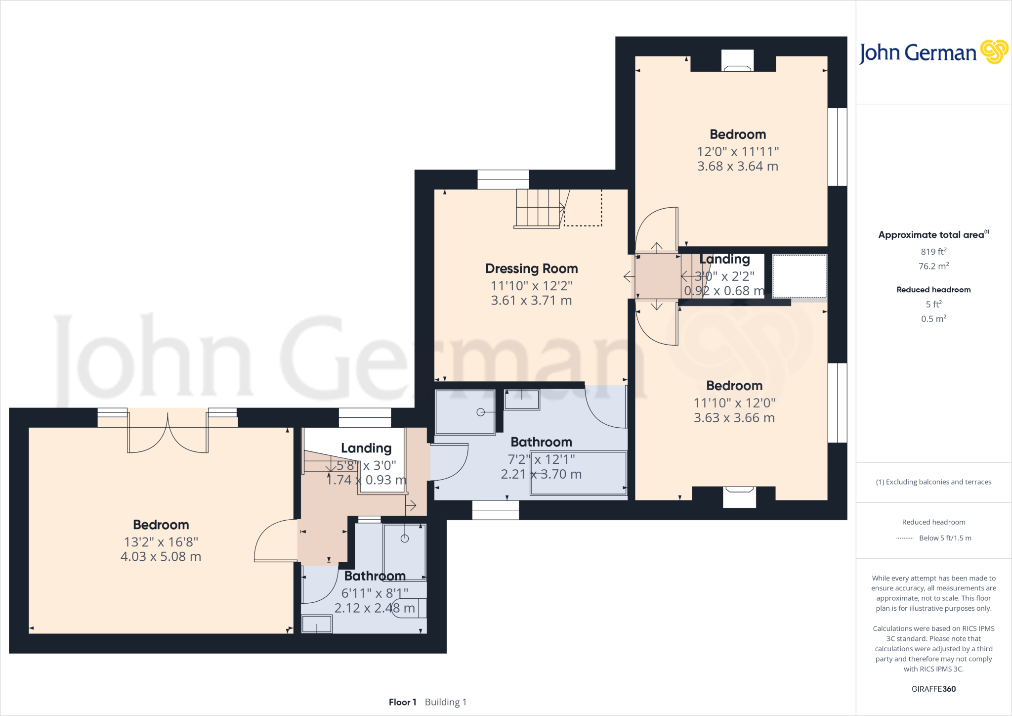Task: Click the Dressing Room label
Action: point(531,268)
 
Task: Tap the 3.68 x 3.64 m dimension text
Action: point(737,167)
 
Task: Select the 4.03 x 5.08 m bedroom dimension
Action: point(161,557)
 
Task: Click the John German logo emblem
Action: point(994,52)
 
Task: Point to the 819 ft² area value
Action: point(933,252)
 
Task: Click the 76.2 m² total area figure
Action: point(933,266)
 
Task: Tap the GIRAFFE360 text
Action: point(933,689)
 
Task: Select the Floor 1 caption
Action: point(402,702)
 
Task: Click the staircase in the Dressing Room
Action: point(539,208)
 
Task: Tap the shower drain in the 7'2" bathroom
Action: point(480,412)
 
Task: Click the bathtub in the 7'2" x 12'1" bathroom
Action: point(578,473)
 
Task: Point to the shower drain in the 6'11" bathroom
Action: point(405,538)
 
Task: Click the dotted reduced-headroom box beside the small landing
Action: point(799,276)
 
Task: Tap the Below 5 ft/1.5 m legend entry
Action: point(944,538)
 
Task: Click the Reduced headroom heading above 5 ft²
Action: point(933,290)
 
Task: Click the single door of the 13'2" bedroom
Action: point(275,541)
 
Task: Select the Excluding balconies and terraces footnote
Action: point(933,482)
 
